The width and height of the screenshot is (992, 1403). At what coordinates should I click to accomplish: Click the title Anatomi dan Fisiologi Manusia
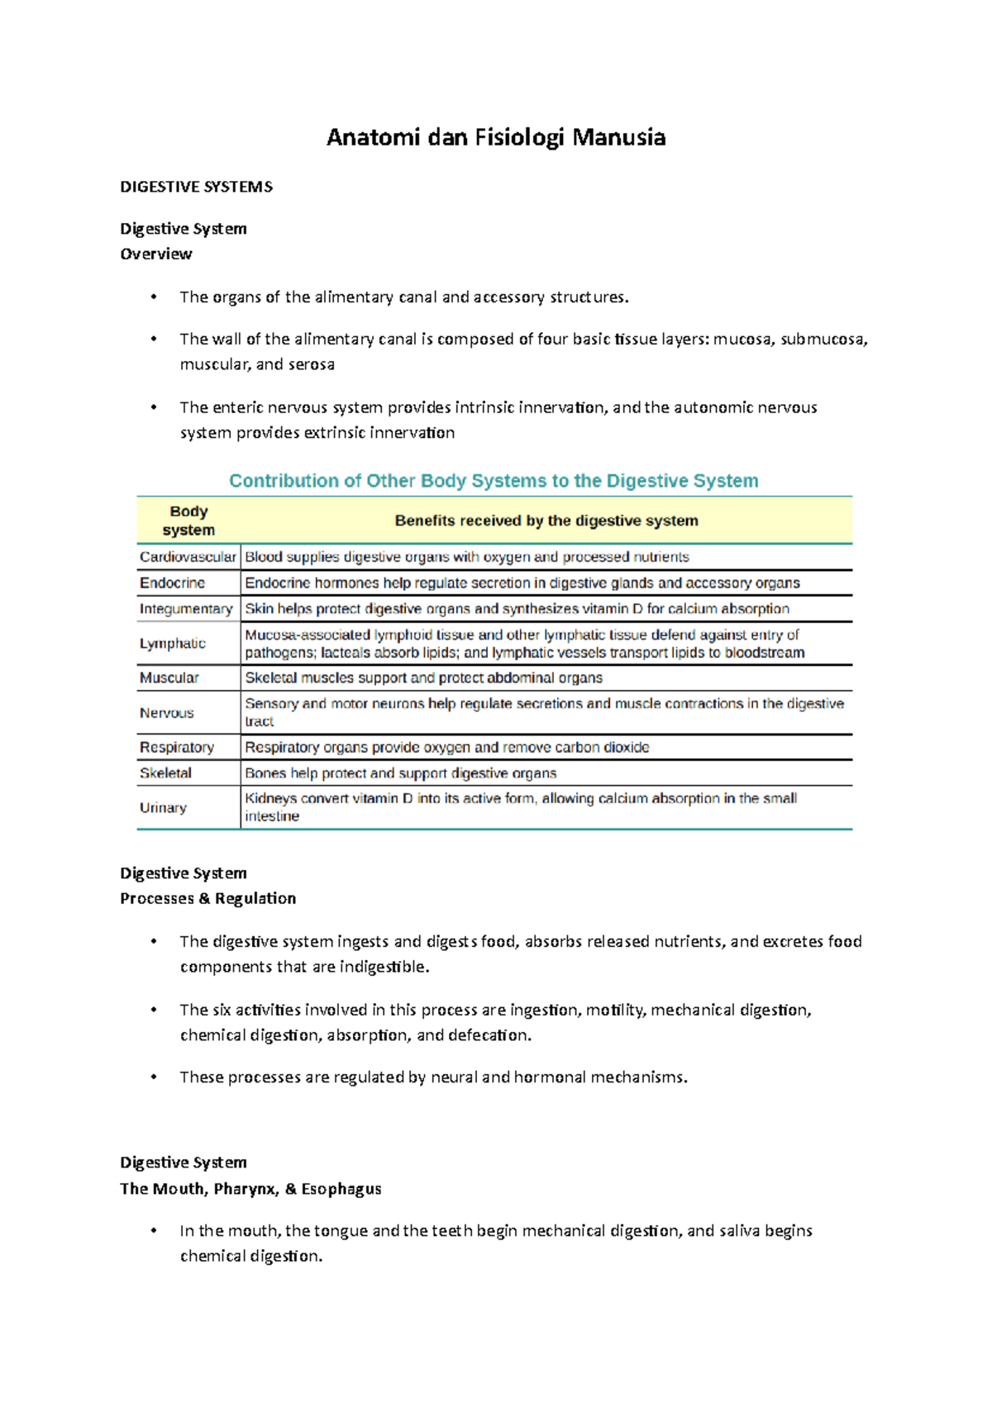[x=495, y=137]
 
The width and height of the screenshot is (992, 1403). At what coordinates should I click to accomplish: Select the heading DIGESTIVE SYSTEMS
[x=196, y=187]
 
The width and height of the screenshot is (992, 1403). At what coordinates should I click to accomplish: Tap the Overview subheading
[x=156, y=254]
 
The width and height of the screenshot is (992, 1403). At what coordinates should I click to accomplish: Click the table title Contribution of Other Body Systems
[x=494, y=481]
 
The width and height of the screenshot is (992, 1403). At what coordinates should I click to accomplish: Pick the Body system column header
[x=188, y=521]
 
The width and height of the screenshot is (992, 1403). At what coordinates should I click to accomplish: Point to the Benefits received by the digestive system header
[x=546, y=521]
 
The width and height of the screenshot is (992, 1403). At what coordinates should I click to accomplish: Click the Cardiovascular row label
[x=188, y=557]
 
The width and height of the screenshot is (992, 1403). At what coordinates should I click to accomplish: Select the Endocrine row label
[x=172, y=583]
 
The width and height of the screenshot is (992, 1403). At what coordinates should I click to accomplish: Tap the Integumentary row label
[x=186, y=609]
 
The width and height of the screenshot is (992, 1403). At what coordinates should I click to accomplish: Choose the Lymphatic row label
[x=172, y=644]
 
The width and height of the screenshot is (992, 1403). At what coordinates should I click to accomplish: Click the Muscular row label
[x=169, y=678]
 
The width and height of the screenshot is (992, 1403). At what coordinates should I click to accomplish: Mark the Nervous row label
[x=166, y=713]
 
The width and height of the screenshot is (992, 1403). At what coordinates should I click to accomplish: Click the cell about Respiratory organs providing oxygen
[x=446, y=747]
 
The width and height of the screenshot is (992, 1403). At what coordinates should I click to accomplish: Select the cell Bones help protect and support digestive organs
[x=400, y=773]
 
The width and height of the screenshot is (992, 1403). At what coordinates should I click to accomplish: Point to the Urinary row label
[x=163, y=807]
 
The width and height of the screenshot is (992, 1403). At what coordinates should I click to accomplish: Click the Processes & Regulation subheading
[x=207, y=898]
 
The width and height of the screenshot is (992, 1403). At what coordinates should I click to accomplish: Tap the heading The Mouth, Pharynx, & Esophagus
[x=250, y=1188]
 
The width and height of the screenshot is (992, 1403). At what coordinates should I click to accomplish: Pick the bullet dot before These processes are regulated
[x=154, y=1077]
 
